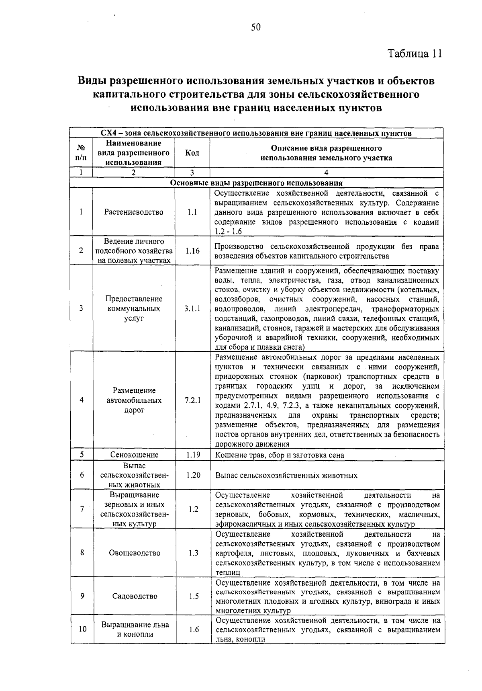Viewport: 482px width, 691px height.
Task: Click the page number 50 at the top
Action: click(256, 27)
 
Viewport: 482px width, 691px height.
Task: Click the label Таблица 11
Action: click(415, 53)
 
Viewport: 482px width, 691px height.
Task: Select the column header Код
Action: click(192, 153)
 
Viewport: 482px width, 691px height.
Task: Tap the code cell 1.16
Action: click(192, 251)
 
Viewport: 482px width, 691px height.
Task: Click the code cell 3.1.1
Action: click(192, 309)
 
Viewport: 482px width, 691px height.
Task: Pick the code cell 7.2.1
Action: click(193, 400)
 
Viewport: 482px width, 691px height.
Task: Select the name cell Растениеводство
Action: click(134, 212)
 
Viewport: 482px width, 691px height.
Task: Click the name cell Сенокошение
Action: click(134, 455)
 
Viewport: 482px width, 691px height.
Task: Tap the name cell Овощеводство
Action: click(135, 553)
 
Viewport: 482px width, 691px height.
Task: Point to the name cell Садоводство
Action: click(135, 596)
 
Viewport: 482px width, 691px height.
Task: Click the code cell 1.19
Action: click(193, 455)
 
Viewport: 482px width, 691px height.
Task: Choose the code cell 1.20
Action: click(193, 475)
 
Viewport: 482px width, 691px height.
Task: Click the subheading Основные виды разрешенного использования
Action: click(256, 183)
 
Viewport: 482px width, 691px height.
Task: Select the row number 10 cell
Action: click(82, 629)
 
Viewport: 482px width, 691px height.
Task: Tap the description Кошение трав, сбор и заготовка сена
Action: click(280, 455)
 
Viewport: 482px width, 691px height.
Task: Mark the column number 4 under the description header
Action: click(326, 172)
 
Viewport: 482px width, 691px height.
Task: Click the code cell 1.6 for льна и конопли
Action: click(194, 629)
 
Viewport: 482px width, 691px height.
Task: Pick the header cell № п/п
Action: click(81, 153)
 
